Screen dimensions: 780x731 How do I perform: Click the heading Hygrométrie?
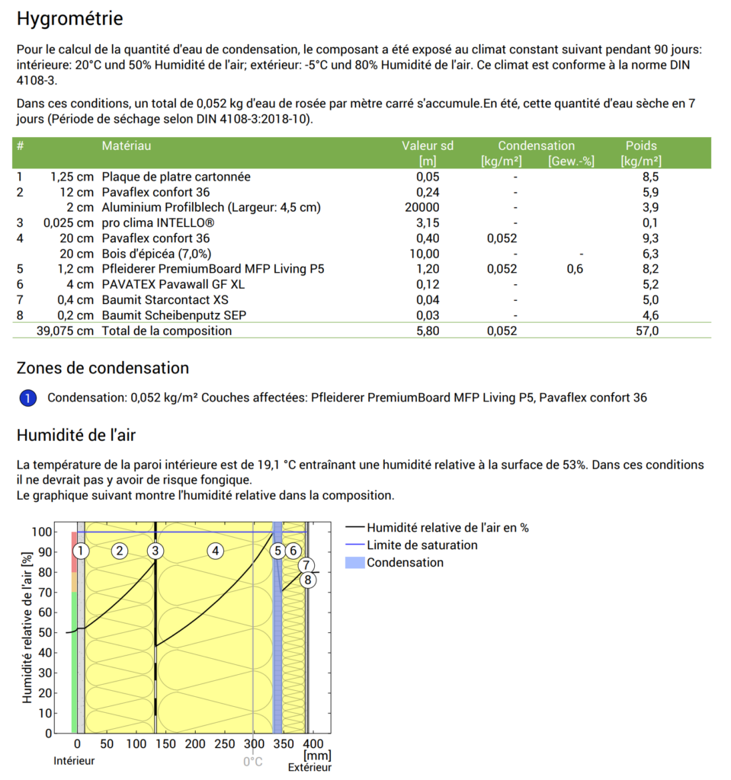[x=69, y=18]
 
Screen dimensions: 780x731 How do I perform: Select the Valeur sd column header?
[x=428, y=145]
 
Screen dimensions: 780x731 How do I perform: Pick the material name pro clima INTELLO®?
[x=158, y=222]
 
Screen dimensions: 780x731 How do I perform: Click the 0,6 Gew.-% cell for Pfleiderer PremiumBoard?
[x=576, y=269]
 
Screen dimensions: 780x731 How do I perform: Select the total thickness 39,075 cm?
[x=65, y=331]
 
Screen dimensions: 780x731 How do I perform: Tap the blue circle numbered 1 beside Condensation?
[x=27, y=398]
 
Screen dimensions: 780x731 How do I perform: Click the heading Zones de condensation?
[x=102, y=368]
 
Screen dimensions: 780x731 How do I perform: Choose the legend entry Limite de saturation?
[x=422, y=545]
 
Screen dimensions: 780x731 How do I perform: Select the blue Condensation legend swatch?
[x=354, y=563]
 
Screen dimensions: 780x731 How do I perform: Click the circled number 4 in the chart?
[x=216, y=551]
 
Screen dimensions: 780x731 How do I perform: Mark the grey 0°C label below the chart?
[x=253, y=762]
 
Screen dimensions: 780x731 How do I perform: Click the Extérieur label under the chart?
[x=309, y=768]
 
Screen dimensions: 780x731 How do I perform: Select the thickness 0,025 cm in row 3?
[x=69, y=222]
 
